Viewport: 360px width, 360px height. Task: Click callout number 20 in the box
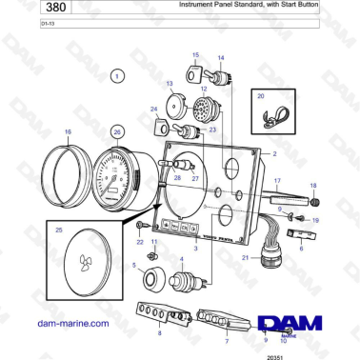[260, 96]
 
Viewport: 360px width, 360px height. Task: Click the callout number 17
[277, 180]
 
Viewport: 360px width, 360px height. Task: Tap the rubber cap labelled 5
[150, 280]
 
